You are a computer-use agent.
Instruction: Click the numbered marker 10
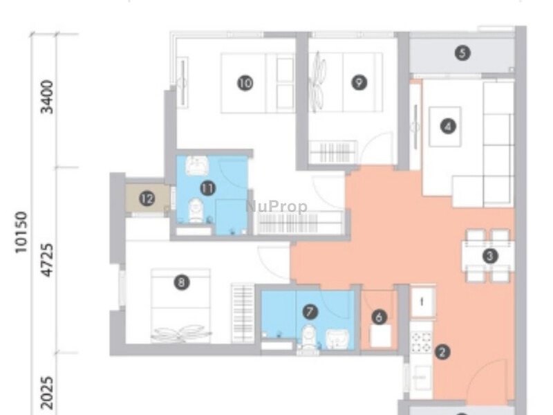(x=245, y=84)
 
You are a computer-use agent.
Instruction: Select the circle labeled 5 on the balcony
(x=462, y=53)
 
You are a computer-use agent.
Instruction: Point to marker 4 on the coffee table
(x=449, y=127)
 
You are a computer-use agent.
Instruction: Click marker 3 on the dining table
(x=490, y=256)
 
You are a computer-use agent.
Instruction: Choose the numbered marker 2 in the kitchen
(x=442, y=352)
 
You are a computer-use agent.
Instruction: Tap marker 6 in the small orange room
(x=378, y=317)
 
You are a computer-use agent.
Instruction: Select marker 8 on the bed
(x=181, y=282)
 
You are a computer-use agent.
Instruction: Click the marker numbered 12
(x=147, y=199)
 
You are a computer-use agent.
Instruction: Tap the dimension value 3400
(x=47, y=97)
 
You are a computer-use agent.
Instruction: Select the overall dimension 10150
(x=21, y=232)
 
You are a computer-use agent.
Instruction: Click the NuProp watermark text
(x=276, y=206)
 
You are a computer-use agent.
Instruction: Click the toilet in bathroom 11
(x=196, y=210)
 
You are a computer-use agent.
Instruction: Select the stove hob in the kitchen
(x=421, y=341)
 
